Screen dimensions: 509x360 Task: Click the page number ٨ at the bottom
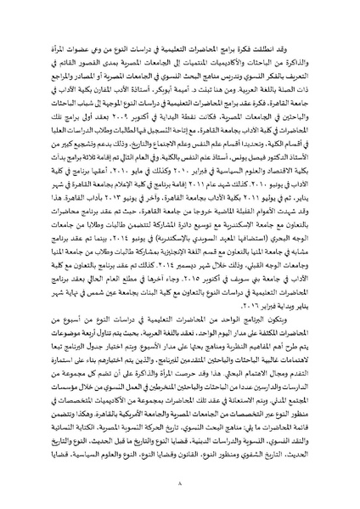tap(180, 494)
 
